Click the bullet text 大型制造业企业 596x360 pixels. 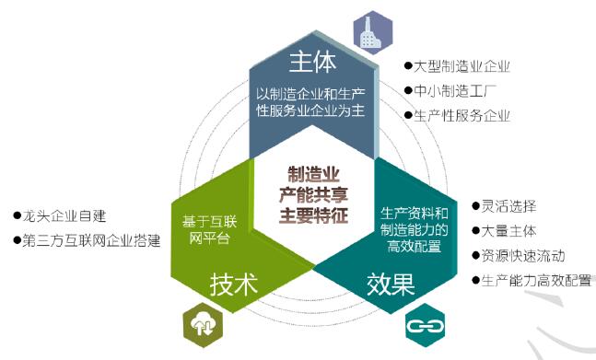[462, 67]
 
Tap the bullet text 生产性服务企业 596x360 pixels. [462, 115]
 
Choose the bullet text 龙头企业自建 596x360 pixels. [64, 216]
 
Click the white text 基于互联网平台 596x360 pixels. [213, 227]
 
